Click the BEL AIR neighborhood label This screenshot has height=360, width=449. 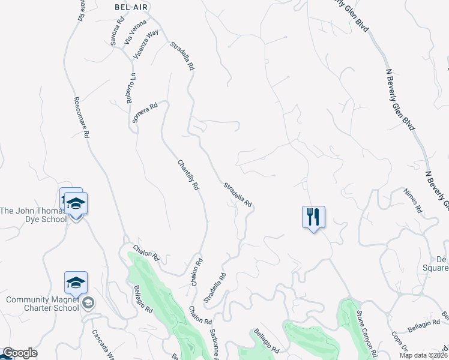(130, 5)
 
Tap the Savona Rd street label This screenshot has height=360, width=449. (116, 31)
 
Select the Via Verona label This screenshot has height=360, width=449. (135, 32)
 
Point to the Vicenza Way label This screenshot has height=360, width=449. (146, 43)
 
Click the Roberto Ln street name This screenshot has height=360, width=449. (131, 88)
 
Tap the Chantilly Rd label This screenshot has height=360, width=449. (188, 175)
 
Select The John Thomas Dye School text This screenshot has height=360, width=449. (33, 215)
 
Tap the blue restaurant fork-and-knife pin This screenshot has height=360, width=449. (313, 217)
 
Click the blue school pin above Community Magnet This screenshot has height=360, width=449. (76, 282)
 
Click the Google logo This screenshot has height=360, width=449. (19, 353)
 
